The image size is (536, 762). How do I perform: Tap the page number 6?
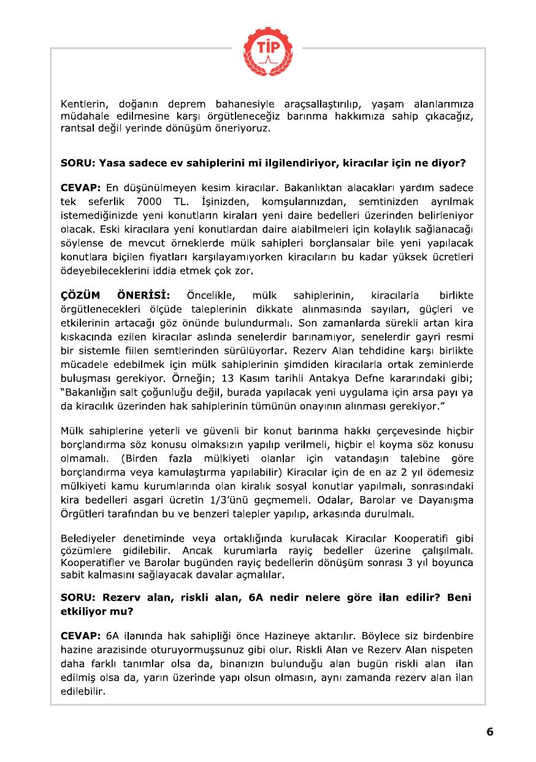[x=489, y=731]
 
